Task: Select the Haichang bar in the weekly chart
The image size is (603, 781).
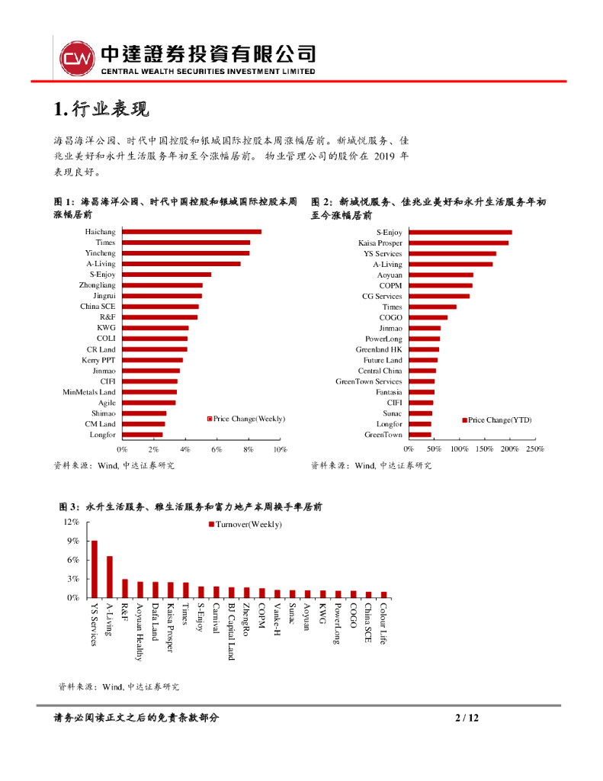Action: pos(191,232)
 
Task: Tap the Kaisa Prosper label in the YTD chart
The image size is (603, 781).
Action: pos(380,243)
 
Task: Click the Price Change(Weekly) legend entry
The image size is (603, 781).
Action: pos(246,419)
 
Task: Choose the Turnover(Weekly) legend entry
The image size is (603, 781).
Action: pos(245,525)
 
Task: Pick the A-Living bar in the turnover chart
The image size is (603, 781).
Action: pos(110,577)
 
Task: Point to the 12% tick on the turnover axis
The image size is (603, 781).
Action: pos(72,522)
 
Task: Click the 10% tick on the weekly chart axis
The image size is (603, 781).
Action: pos(280,450)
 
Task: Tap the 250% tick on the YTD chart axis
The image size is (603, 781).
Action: pos(535,450)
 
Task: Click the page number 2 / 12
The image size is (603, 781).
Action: pos(466,718)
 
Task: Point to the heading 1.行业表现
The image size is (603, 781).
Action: pos(101,110)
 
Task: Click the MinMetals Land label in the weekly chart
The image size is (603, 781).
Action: pos(89,392)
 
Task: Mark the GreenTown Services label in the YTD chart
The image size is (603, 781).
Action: pos(369,381)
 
